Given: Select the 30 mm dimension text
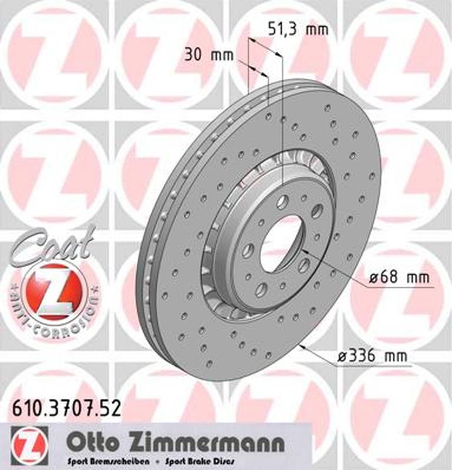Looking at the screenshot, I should click(208, 56).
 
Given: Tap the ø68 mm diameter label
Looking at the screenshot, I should click(399, 277).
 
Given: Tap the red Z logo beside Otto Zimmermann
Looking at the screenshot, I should click(28, 442).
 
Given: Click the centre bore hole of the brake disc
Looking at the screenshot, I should click(281, 243).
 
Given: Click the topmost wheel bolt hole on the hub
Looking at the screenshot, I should click(282, 202).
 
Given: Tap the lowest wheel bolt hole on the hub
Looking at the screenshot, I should click(261, 289).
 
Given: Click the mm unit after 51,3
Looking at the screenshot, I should click(318, 29).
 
